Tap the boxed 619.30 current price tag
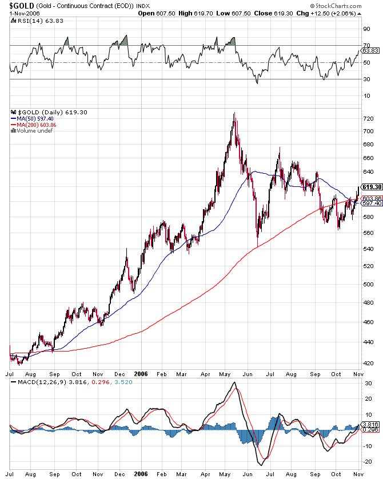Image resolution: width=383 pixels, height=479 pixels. pyautogui.click(x=372, y=187)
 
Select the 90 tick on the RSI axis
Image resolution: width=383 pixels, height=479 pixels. pyautogui.click(x=366, y=29)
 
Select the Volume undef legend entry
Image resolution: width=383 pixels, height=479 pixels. pyautogui.click(x=32, y=131)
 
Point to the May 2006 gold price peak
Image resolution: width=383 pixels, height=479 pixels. pyautogui.click(x=234, y=113)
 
